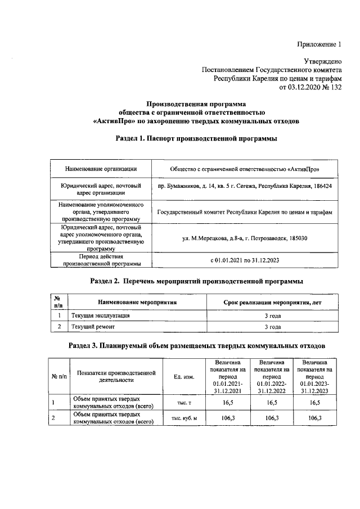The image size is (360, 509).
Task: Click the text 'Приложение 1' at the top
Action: (x=319, y=44)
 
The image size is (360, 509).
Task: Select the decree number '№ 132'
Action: (x=331, y=87)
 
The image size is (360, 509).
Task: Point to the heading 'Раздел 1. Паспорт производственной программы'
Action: (x=196, y=138)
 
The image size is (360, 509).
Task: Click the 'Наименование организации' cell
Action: (x=101, y=169)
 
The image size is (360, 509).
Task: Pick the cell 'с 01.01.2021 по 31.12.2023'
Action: (x=245, y=260)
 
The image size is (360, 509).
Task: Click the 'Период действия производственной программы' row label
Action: (x=101, y=260)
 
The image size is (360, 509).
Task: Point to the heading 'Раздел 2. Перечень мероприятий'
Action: (x=196, y=280)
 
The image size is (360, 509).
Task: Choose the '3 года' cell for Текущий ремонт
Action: (x=272, y=326)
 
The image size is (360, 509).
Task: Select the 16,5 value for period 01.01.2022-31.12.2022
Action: (x=271, y=403)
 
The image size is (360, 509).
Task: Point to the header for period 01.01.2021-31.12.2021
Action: (x=228, y=377)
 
